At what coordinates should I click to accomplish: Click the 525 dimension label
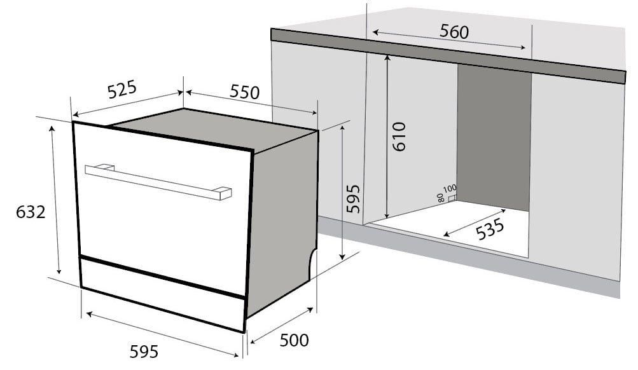click(121, 90)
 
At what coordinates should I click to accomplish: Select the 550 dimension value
click(245, 93)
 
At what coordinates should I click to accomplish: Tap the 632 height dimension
click(31, 212)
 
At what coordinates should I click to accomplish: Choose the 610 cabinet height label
click(399, 135)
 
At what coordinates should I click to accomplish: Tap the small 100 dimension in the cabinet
click(450, 189)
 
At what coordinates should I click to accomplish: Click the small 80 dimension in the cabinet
click(441, 197)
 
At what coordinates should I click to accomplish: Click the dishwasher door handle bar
click(158, 182)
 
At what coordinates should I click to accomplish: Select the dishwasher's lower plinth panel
click(162, 292)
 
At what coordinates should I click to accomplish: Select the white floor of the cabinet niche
click(471, 232)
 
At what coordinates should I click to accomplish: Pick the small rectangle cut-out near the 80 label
click(452, 198)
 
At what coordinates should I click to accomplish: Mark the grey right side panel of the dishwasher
click(283, 223)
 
